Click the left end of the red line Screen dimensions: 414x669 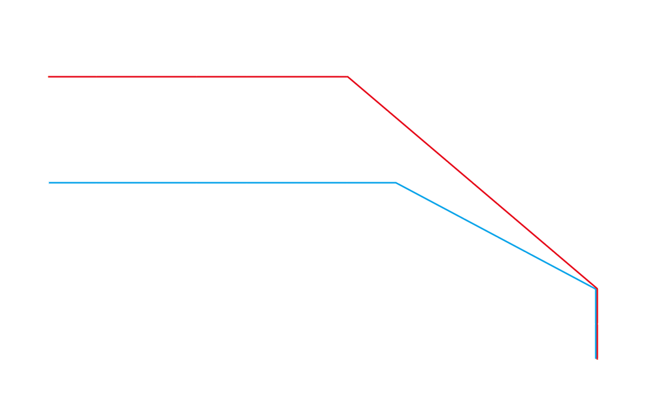(x=50, y=77)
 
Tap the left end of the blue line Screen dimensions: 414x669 (x=50, y=183)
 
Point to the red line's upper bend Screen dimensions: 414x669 (x=348, y=77)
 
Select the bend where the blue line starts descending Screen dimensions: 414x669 (x=396, y=183)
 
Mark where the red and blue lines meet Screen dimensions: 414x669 (x=596, y=288)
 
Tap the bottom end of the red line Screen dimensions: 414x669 (x=597, y=358)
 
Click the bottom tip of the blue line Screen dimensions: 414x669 (x=596, y=358)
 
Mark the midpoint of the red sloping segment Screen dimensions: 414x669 (x=472, y=182)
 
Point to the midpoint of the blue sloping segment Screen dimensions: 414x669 (x=496, y=235)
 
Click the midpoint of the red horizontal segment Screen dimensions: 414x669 (x=199, y=77)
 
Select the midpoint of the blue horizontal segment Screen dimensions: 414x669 (x=223, y=183)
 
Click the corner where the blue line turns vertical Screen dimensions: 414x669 (x=596, y=289)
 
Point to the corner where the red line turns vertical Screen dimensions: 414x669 (x=597, y=288)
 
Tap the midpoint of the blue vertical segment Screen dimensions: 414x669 (x=596, y=323)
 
